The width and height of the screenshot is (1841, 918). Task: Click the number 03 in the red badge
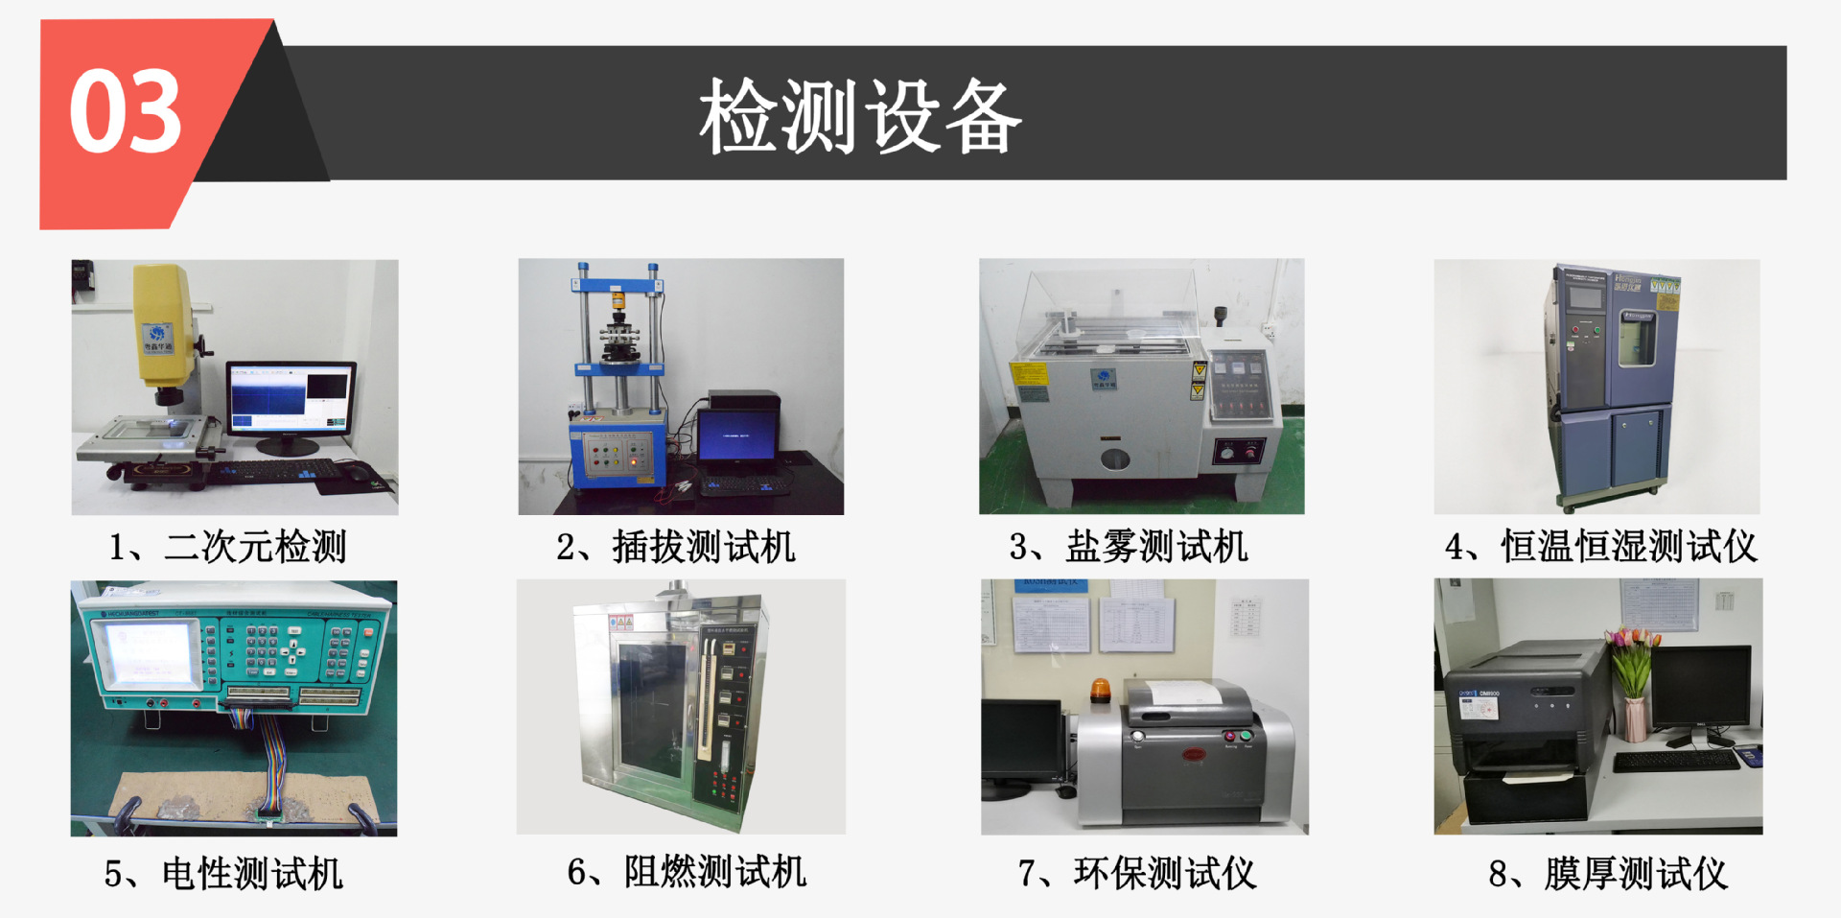pos(126,112)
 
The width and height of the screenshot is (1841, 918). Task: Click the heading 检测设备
pos(860,116)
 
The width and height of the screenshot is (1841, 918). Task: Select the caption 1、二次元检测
pos(227,547)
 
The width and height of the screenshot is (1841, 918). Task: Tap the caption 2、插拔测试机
pos(676,547)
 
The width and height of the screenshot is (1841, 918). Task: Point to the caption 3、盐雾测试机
pos(1129,547)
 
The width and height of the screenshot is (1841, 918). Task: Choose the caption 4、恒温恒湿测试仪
pos(1600,547)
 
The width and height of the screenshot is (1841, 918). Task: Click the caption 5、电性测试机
pos(223,874)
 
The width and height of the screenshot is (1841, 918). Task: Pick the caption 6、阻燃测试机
pos(687,872)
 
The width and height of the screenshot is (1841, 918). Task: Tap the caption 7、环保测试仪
pos(1137,874)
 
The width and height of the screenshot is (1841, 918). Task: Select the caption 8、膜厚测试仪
pos(1608,874)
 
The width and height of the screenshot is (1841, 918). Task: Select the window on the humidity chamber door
pos(1637,339)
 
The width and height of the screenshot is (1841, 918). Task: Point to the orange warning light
pos(1100,690)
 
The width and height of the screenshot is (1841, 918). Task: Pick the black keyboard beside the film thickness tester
pos(1675,761)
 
